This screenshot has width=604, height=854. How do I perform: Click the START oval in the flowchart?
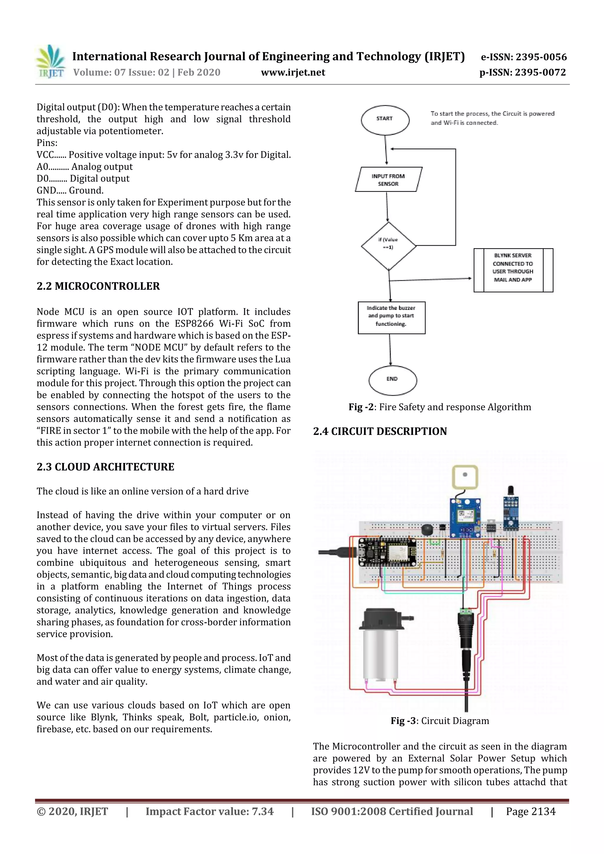click(x=385, y=119)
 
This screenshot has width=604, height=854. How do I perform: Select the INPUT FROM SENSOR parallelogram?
click(x=388, y=180)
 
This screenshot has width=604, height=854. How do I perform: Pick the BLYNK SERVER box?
click(x=513, y=270)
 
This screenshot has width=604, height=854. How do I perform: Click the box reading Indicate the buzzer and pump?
click(x=391, y=317)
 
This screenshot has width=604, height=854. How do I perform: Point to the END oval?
click(x=392, y=380)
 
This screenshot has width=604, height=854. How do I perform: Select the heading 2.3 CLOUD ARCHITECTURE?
click(x=105, y=467)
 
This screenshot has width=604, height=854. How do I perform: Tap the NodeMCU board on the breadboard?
click(x=387, y=552)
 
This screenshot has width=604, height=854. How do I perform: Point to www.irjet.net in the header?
click(x=293, y=72)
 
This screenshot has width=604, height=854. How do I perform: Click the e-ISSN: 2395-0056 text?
click(x=523, y=57)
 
